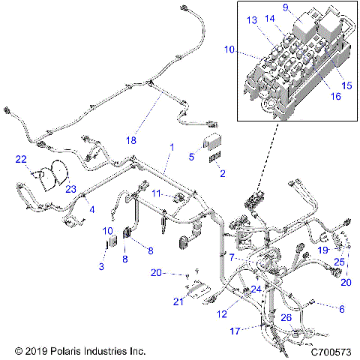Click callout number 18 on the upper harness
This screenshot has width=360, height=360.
click(131, 140)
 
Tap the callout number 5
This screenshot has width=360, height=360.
click(192, 157)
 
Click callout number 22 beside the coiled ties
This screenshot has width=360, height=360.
click(20, 158)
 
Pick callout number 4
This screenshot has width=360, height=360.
click(92, 210)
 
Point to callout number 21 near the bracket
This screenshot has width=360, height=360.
click(178, 301)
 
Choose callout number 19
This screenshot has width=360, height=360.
click(323, 249)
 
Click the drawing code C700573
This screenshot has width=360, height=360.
click(330, 350)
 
